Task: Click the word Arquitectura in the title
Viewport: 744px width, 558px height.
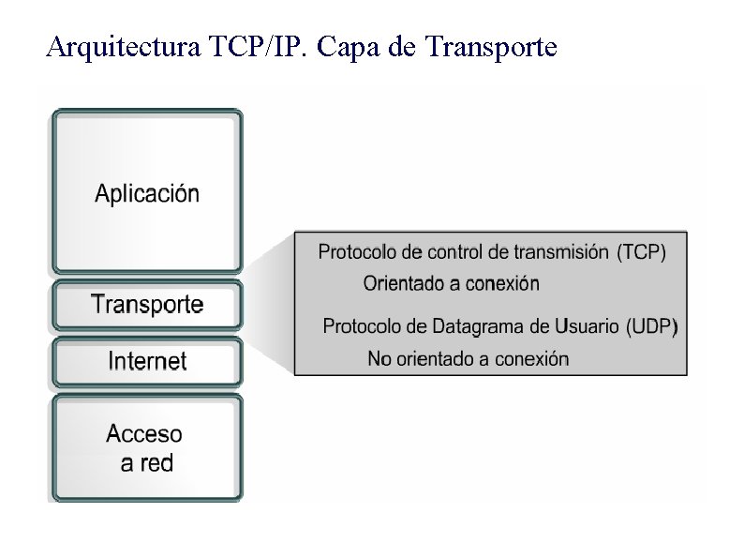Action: point(121,46)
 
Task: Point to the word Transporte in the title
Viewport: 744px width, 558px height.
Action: point(490,46)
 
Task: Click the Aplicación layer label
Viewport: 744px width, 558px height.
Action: point(147,194)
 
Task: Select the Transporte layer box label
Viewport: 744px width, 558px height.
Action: point(147,304)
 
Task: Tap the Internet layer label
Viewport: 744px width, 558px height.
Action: point(147,360)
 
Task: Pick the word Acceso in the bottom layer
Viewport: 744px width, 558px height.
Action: point(144,434)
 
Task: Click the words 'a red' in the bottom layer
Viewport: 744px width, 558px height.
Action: point(146,462)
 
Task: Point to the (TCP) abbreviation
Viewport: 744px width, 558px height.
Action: point(642,252)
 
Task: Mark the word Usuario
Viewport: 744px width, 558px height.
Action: point(587,326)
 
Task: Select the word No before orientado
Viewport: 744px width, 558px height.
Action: point(379,358)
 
